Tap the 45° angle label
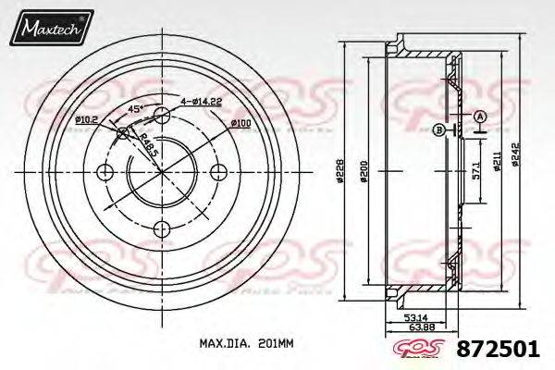tap(136, 109)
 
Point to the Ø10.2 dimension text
tap(88, 121)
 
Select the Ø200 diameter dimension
tap(367, 172)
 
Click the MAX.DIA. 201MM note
tap(246, 344)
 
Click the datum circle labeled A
tap(480, 117)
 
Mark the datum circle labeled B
tap(438, 129)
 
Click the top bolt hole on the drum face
tap(162, 115)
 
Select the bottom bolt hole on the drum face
tap(163, 230)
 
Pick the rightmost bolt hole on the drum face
tap(220, 172)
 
